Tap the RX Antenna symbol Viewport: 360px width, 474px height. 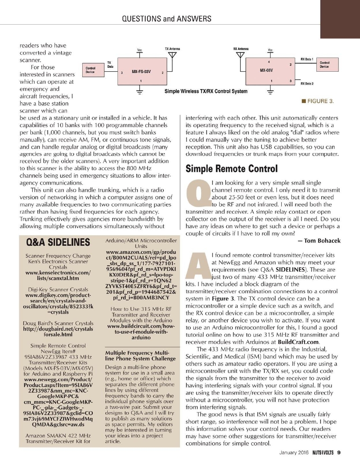(240, 55)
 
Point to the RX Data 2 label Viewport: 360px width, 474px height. (307, 83)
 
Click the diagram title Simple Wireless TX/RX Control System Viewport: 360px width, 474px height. (206, 91)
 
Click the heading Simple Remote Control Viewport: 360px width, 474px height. (231, 168)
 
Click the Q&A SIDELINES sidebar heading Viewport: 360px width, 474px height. (58, 243)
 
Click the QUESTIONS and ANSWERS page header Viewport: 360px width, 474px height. (167, 19)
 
